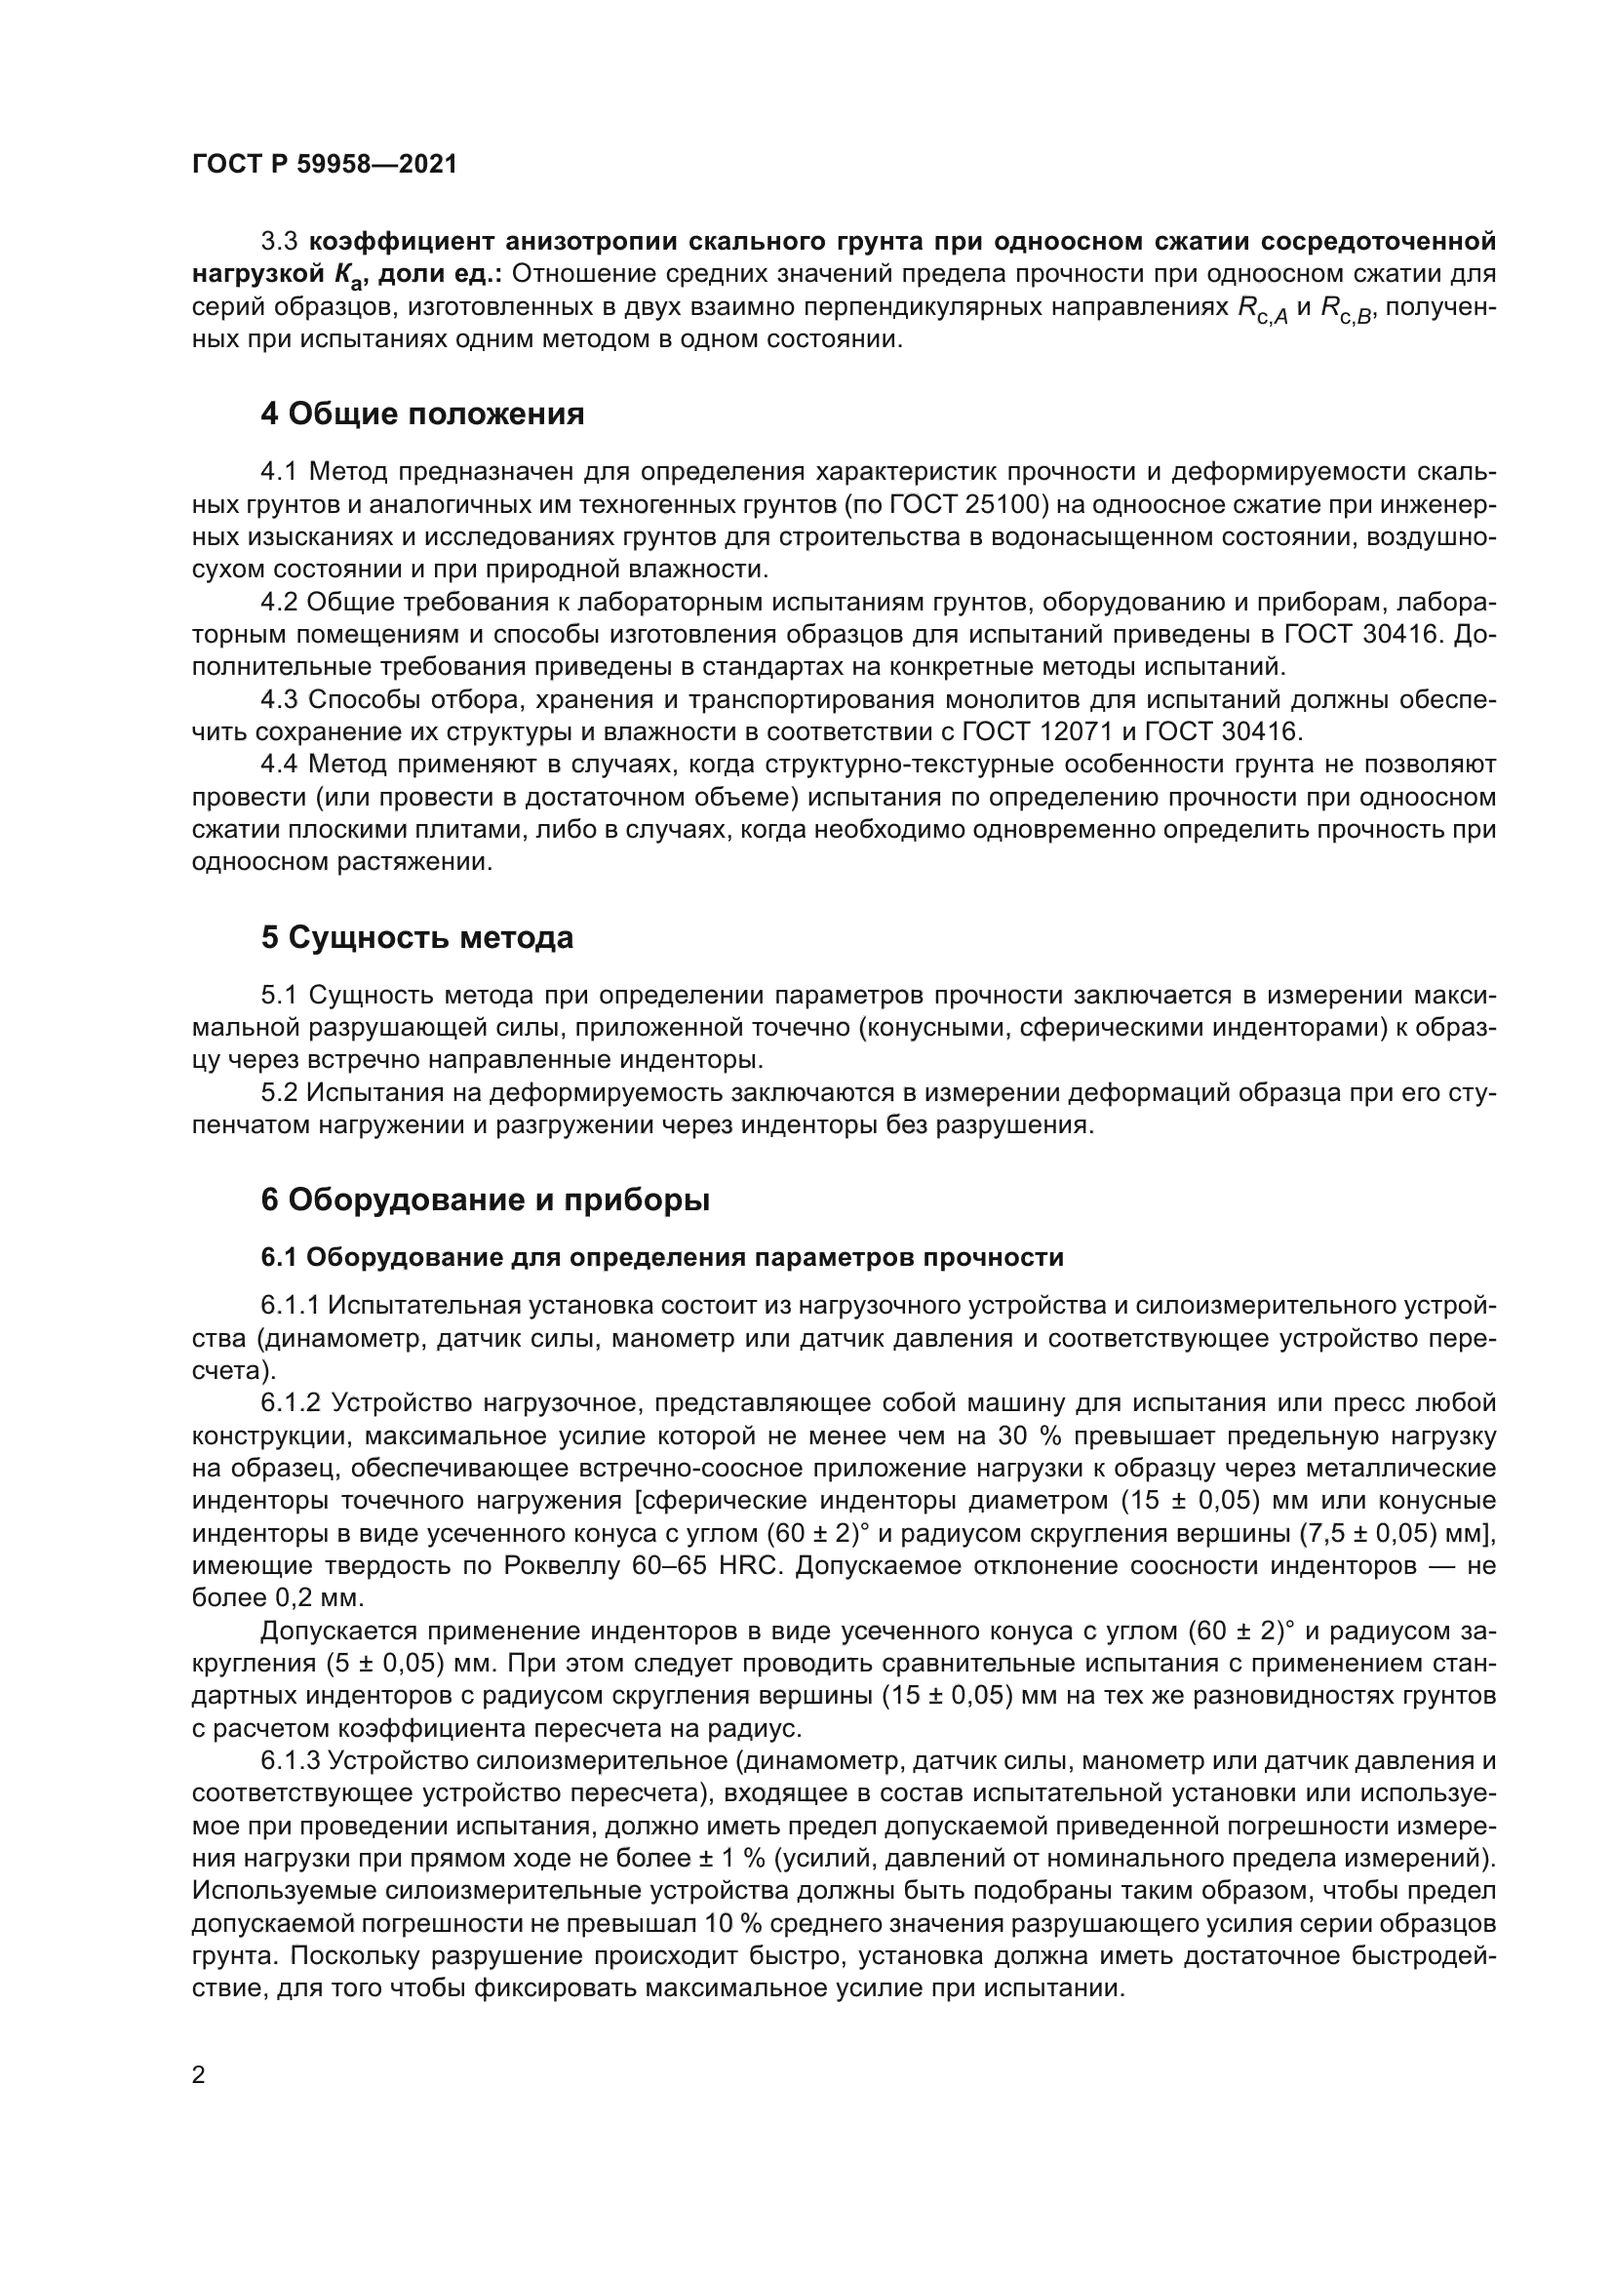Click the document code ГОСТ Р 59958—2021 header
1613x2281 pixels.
coord(325,165)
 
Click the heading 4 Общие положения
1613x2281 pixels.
coord(422,413)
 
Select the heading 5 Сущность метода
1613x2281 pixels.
coord(417,937)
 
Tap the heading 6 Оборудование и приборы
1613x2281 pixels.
coord(485,1200)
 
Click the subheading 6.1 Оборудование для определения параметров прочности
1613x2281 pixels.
coord(661,1258)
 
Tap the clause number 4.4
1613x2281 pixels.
coord(281,765)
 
